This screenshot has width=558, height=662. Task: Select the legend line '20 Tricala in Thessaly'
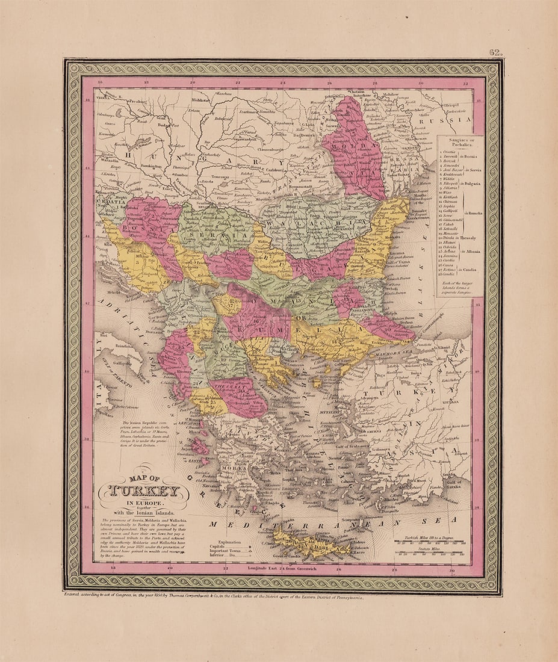click(459, 238)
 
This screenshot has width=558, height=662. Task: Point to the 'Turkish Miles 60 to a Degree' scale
click(429, 536)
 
